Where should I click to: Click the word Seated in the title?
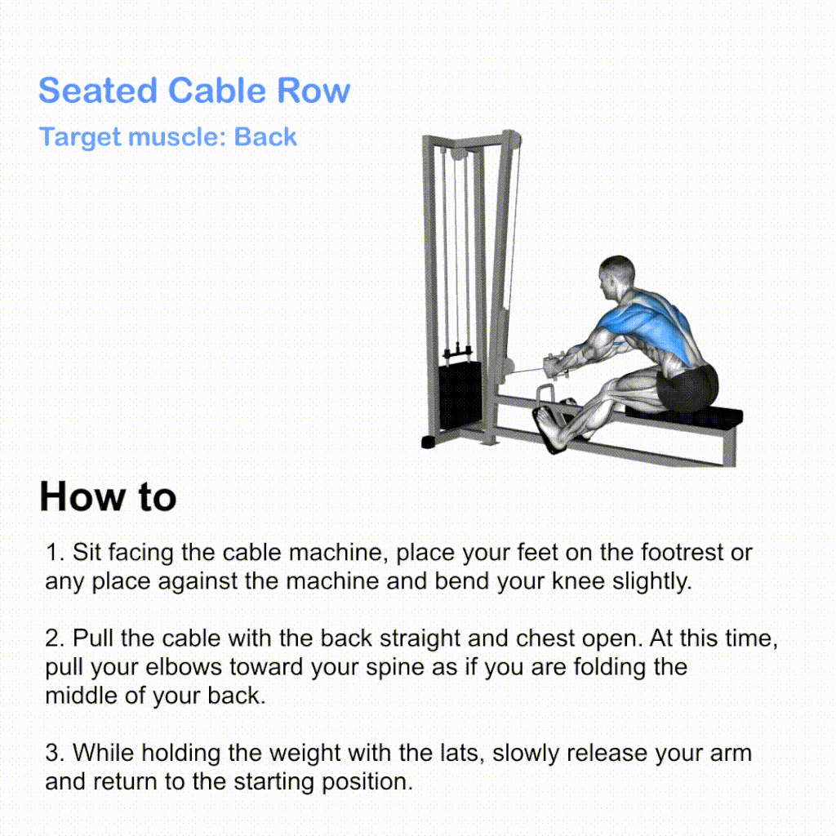point(98,90)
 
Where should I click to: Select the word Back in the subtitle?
point(265,137)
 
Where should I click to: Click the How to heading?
point(108,496)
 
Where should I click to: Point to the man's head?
point(616,276)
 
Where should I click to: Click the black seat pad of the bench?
point(685,415)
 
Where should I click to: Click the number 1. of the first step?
point(55,553)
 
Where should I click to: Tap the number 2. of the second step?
point(55,638)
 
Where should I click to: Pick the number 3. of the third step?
point(55,753)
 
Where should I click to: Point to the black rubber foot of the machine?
point(429,442)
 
